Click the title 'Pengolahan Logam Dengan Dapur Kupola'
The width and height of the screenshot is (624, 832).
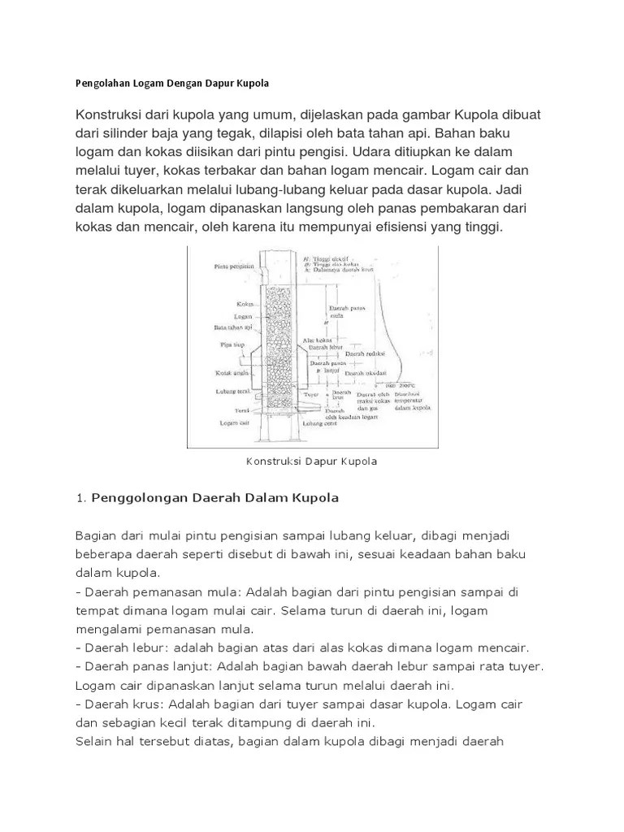171,84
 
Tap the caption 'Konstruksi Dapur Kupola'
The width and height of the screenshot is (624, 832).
311,461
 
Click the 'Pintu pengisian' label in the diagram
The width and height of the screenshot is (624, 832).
229,265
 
